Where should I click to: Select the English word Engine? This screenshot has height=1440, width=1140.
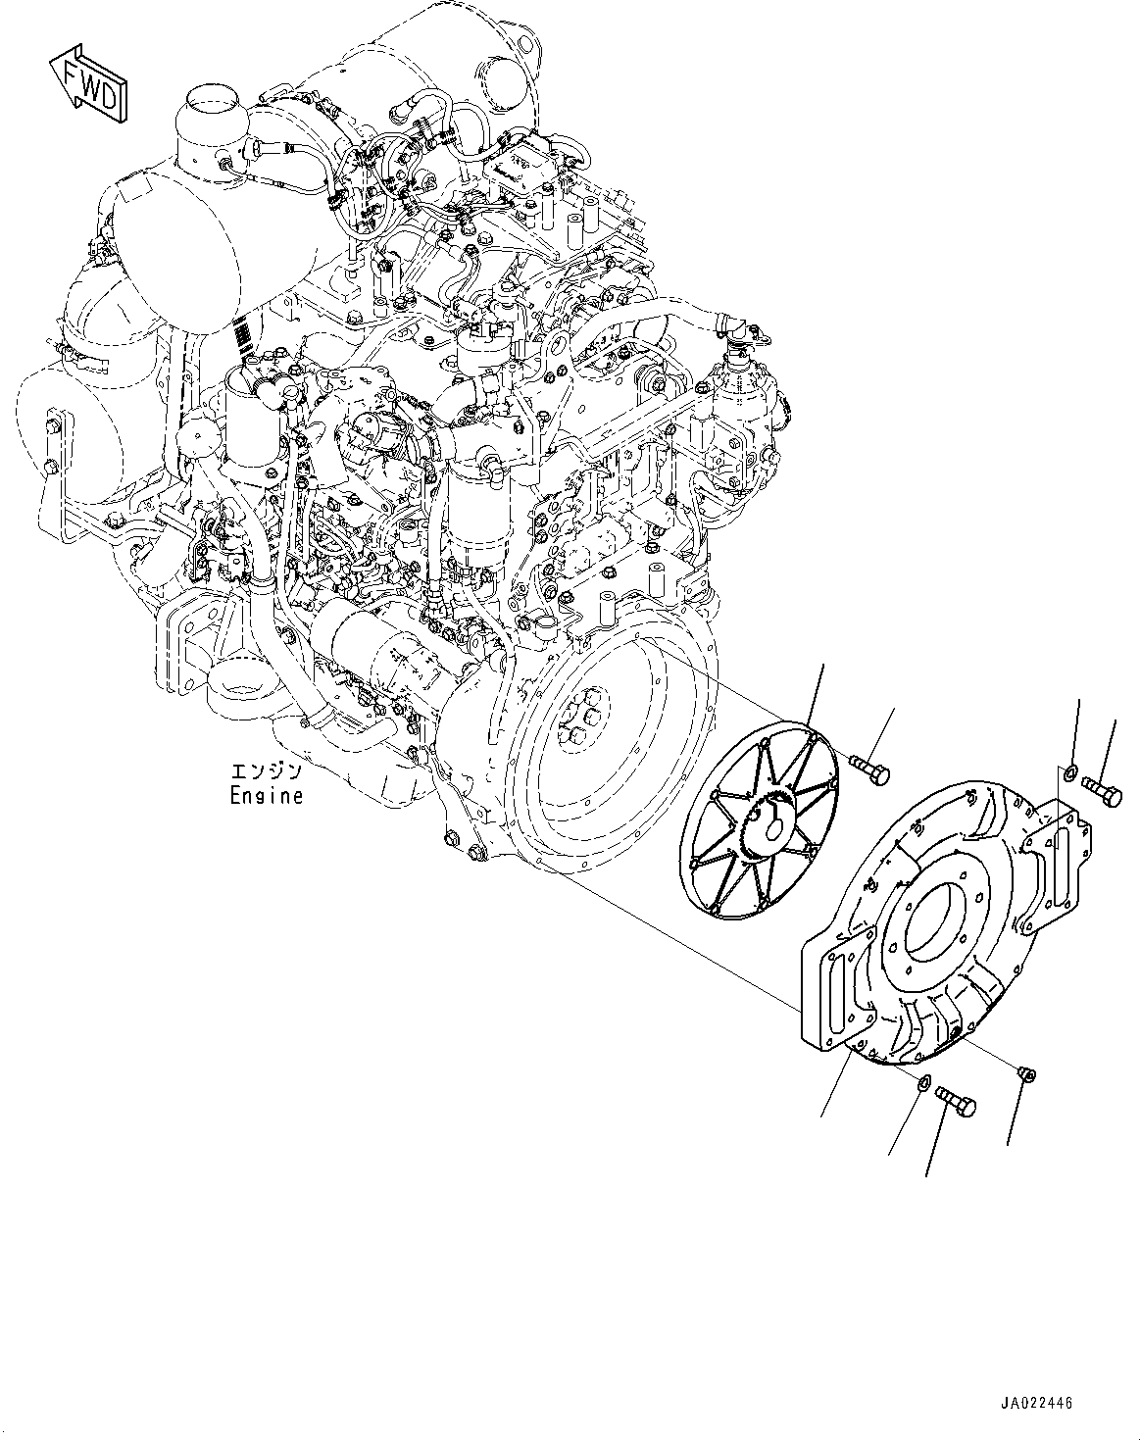[266, 795]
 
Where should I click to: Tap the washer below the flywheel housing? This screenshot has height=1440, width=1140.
[923, 1083]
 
